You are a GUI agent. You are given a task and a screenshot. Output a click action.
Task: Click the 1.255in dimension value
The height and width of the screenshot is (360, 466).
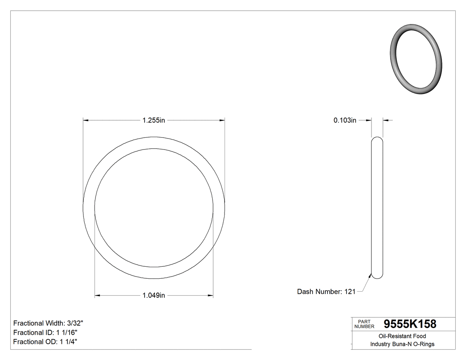click(x=154, y=120)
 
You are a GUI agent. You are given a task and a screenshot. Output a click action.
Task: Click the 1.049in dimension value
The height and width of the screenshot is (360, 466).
click(x=154, y=296)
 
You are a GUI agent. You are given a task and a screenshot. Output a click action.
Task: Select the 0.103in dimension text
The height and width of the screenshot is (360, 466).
click(x=345, y=120)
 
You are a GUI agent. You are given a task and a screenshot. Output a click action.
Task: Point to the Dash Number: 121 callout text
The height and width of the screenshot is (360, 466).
click(x=326, y=292)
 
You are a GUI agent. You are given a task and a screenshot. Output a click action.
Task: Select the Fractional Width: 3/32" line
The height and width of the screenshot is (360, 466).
click(x=48, y=323)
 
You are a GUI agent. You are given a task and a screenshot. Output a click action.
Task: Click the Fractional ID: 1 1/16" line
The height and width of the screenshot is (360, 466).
click(x=46, y=332)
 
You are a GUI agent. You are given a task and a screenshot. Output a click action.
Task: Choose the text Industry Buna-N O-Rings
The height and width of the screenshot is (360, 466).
click(x=402, y=344)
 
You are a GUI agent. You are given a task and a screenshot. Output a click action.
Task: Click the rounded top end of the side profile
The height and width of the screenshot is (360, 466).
click(x=377, y=139)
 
